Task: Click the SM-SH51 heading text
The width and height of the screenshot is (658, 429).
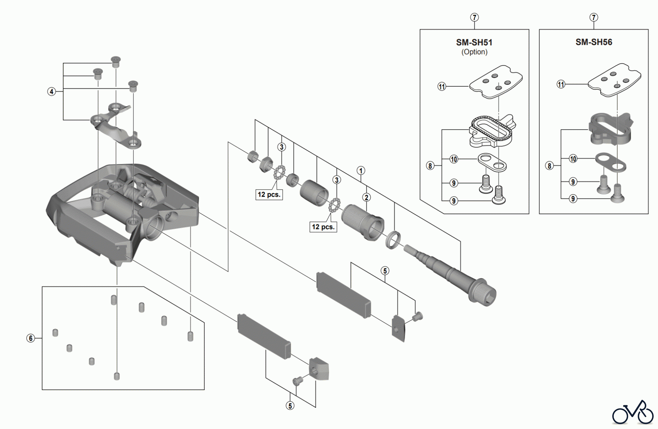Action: pyautogui.click(x=474, y=42)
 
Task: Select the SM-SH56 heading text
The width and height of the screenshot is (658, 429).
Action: pyautogui.click(x=594, y=42)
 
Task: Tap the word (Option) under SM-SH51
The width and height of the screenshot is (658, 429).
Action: pyautogui.click(x=474, y=52)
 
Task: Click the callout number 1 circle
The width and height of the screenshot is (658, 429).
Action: pyautogui.click(x=361, y=170)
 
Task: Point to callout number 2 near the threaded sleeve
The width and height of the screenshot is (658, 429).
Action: pyautogui.click(x=366, y=197)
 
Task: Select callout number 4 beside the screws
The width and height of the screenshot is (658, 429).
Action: pyautogui.click(x=52, y=91)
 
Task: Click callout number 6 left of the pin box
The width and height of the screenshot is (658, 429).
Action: pyautogui.click(x=31, y=338)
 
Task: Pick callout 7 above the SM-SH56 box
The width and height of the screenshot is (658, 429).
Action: pyautogui.click(x=594, y=17)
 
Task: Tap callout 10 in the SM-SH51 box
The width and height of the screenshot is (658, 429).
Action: pyautogui.click(x=454, y=159)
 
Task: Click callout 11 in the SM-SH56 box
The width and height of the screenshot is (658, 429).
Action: pyautogui.click(x=561, y=84)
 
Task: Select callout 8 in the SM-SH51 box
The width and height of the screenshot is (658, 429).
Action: pyautogui.click(x=430, y=166)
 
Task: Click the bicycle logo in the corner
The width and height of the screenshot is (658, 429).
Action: pyautogui.click(x=633, y=414)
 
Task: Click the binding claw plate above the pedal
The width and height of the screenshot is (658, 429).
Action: pyautogui.click(x=115, y=126)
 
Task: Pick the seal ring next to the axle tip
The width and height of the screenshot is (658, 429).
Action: pyautogui.click(x=393, y=240)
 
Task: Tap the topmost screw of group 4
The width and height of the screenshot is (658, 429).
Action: pyautogui.click(x=116, y=61)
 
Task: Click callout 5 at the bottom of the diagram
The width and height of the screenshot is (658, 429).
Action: pyautogui.click(x=290, y=406)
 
